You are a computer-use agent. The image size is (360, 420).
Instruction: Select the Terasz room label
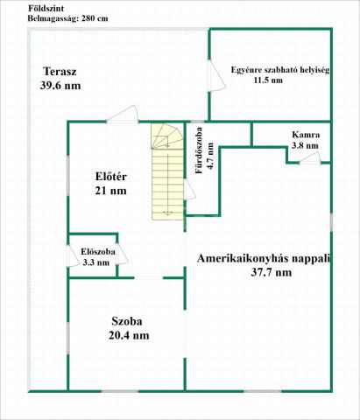pos(61,72)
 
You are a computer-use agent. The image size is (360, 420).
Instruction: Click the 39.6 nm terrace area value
pos(60,86)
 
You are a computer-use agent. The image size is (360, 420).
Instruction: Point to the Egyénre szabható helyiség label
pos(279,69)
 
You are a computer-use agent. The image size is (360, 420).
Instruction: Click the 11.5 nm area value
pos(268,80)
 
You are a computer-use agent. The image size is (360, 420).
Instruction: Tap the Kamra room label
pos(306,135)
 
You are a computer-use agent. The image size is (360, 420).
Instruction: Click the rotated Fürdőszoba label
pos(200,151)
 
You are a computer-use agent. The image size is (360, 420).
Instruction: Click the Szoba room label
pos(128,320)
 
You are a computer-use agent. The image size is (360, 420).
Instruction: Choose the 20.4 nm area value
pos(128,334)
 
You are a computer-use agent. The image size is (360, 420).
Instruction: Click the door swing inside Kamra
pos(312,158)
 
